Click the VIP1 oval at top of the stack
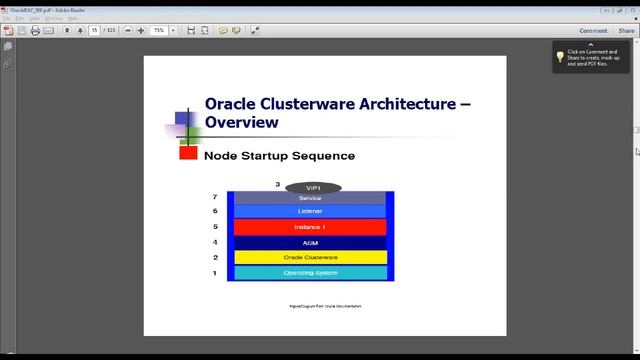(x=313, y=187)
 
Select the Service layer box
(x=310, y=198)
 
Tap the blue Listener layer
(x=310, y=212)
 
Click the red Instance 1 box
(x=310, y=227)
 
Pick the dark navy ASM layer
(x=310, y=242)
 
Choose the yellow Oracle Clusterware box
(x=310, y=257)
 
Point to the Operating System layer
(x=310, y=272)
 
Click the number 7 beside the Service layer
(x=215, y=198)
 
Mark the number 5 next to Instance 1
(x=215, y=227)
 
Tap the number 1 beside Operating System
(x=215, y=272)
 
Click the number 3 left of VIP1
(x=278, y=185)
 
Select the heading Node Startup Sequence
(x=279, y=156)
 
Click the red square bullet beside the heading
(x=188, y=153)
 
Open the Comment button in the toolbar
(x=593, y=31)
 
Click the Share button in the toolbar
(x=626, y=31)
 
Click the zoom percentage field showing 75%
(x=159, y=31)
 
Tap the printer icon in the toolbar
(x=35, y=31)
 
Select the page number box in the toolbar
(x=95, y=31)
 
